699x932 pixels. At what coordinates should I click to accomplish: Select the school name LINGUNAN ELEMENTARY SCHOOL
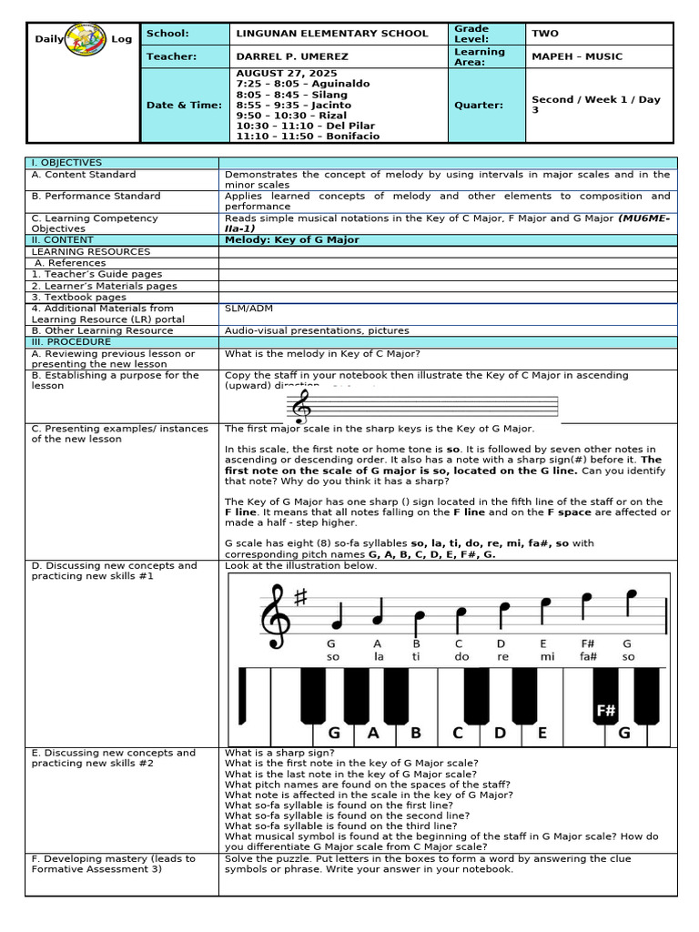(x=331, y=34)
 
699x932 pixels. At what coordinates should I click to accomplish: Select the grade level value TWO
(x=545, y=34)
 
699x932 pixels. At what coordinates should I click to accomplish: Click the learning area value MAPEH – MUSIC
(x=577, y=56)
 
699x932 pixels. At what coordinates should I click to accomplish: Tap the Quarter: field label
(x=478, y=105)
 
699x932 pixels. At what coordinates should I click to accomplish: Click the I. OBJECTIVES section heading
(x=66, y=162)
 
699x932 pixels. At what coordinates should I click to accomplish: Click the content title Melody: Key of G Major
(x=291, y=240)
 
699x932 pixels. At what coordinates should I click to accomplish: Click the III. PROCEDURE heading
(x=71, y=341)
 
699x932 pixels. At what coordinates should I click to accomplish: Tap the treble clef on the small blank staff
(x=298, y=406)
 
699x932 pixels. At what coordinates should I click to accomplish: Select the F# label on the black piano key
(x=606, y=710)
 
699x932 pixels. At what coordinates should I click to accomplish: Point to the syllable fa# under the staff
(x=588, y=656)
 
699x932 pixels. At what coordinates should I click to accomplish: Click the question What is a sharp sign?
(x=267, y=753)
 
